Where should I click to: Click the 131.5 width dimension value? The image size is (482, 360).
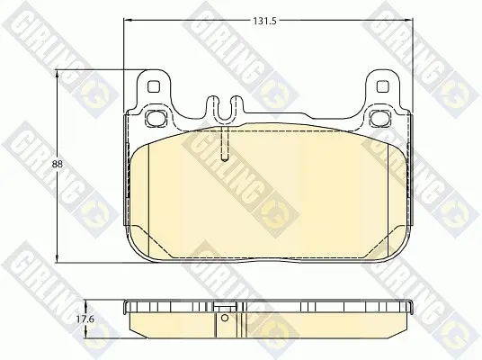[264, 21]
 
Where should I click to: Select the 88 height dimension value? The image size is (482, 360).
[58, 165]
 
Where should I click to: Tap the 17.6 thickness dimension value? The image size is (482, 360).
[85, 319]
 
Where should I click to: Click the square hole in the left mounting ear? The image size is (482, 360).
[154, 86]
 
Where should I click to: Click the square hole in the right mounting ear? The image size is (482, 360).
[382, 86]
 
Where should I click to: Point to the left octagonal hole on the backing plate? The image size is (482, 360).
[154, 118]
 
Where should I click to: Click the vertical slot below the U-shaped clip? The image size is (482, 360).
[225, 143]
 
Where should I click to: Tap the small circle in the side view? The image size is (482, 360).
[225, 318]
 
